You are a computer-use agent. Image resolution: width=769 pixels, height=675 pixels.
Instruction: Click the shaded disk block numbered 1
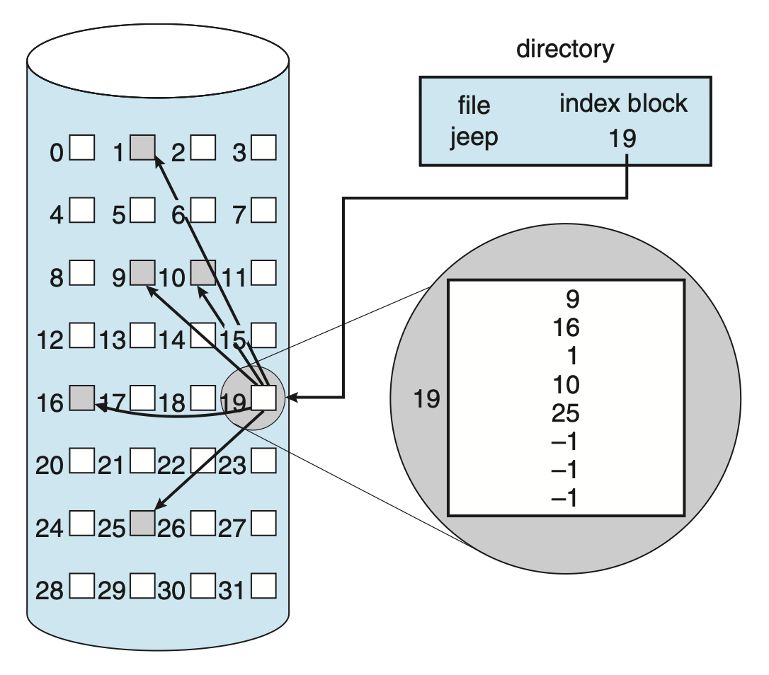pos(143,147)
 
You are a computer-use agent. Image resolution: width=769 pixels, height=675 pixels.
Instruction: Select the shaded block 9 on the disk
pos(143,272)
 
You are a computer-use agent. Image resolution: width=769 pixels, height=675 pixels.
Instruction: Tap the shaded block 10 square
pos(203,272)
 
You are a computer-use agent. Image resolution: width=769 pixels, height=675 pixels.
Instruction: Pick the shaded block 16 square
pos(82,398)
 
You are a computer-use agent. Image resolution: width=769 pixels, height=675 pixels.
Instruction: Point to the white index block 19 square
pos(263,398)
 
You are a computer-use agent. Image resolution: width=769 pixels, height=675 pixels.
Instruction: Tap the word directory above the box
pos(565,50)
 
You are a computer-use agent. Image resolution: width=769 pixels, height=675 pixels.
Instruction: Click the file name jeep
pos(474,136)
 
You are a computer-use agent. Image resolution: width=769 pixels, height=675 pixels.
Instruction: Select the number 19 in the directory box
pos(622,139)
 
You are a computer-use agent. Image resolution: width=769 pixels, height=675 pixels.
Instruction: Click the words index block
pos(623,104)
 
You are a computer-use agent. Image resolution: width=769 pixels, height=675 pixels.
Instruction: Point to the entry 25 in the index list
pos(565,413)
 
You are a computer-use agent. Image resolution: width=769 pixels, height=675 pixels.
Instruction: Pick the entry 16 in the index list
pos(565,328)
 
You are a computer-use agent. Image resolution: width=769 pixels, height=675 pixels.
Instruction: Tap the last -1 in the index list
pos(564,499)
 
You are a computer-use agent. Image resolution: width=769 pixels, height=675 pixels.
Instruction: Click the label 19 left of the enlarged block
pos(426,400)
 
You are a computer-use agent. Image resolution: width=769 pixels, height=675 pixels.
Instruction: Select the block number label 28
pos(50,591)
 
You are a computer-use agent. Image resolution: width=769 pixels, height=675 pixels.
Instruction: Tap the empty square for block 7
pos(264,210)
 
